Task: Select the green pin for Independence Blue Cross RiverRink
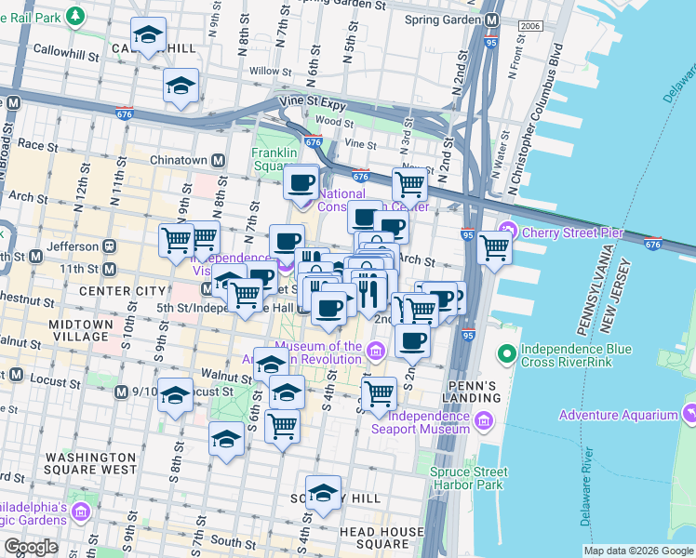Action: click(507, 354)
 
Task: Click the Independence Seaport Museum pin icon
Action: click(484, 422)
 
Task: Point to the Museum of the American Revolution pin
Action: click(375, 352)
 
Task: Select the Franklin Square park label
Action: click(274, 160)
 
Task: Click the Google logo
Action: click(31, 547)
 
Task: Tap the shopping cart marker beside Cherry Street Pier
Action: click(494, 248)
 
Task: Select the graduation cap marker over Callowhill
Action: click(148, 37)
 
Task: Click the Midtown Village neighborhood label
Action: click(80, 329)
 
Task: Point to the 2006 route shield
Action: click(529, 26)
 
